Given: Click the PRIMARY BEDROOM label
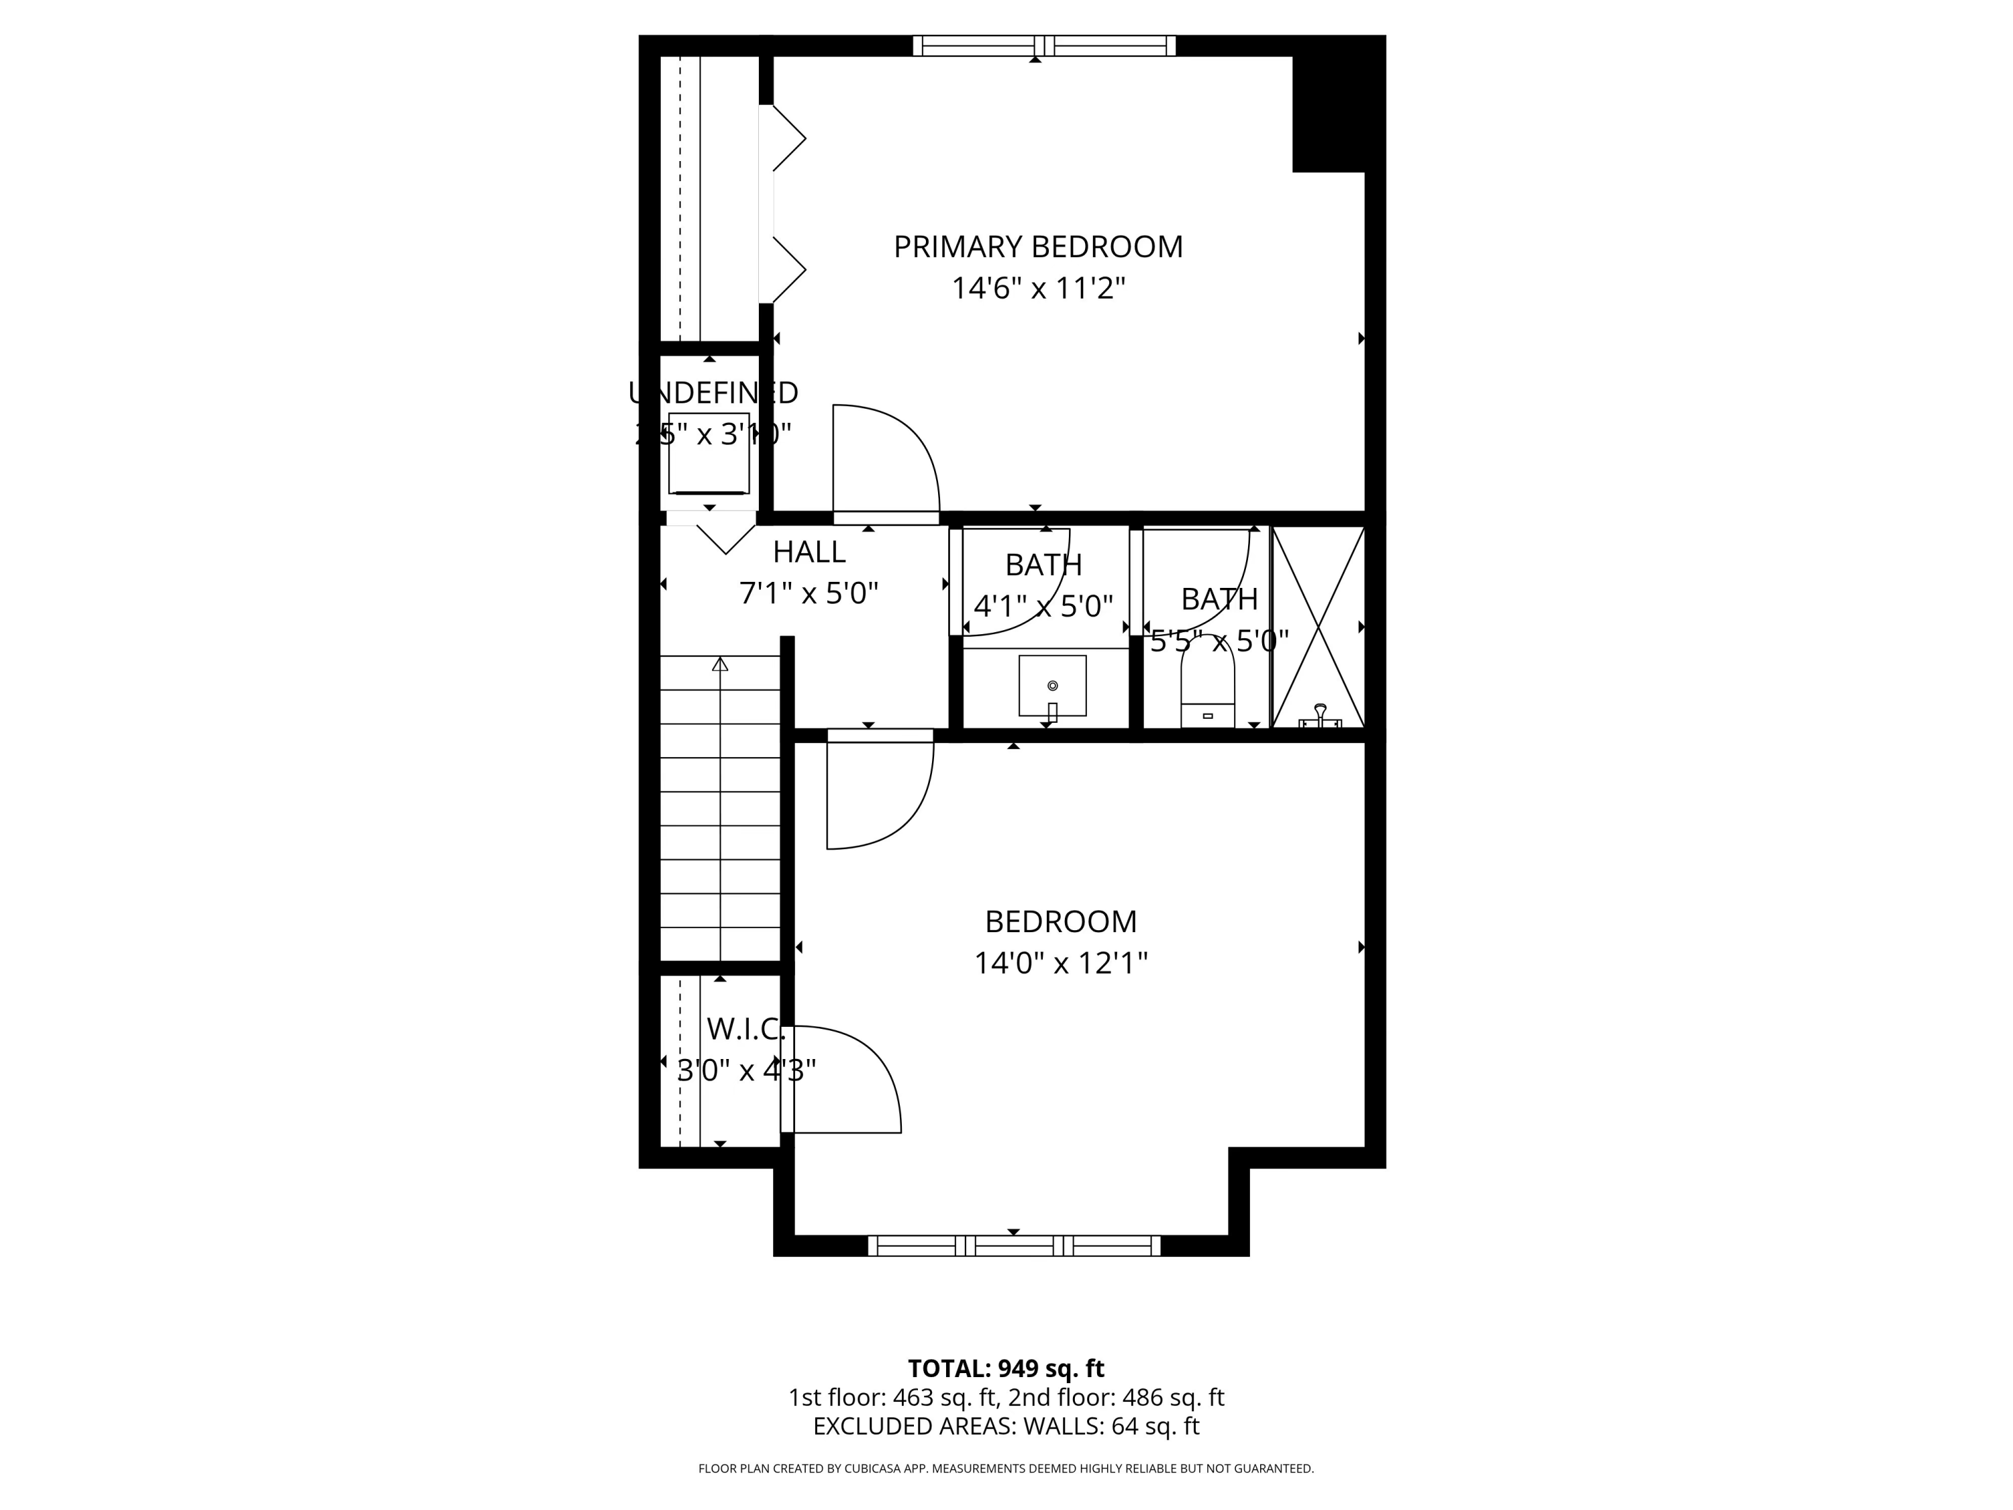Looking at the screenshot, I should point(1037,247).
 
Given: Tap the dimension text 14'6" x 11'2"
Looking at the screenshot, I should point(1037,289).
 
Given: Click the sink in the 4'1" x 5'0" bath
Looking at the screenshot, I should point(1052,685).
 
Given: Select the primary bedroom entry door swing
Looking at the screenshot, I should point(887,460).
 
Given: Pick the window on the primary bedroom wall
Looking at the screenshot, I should point(1044,46).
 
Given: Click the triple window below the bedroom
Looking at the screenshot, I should point(1014,1245).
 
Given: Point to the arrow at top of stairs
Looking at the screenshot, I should point(720,664).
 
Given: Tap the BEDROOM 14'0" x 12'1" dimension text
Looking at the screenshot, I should point(1060,963).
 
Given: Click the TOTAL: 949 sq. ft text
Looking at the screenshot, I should point(1006,1368).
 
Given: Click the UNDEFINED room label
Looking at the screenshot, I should point(713,393).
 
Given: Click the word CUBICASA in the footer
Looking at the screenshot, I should point(874,1468).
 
